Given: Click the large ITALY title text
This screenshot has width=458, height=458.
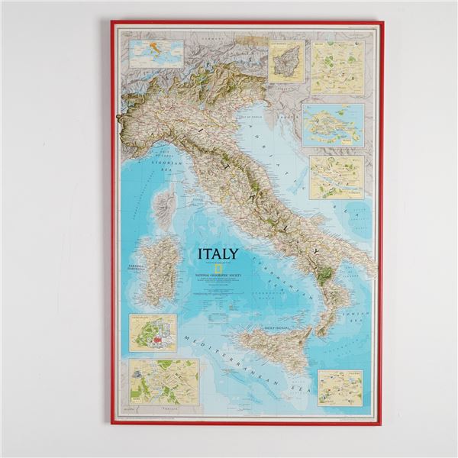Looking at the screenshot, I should tap(218, 254).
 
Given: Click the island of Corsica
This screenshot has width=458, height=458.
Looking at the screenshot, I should tap(164, 205).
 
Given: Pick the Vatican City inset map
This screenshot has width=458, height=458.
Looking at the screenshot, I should tap(153, 333).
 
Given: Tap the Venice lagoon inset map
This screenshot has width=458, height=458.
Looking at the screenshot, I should tap(333, 125).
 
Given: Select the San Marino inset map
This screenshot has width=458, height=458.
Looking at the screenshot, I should tap(286, 61).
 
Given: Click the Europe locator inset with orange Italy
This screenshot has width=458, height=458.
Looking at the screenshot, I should tap(156, 53).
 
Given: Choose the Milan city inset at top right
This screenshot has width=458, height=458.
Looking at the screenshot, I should tap(337, 67).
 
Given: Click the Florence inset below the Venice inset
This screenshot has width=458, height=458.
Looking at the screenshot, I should tap(336, 178).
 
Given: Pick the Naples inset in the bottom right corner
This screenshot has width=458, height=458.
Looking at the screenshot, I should tap(340, 388).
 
